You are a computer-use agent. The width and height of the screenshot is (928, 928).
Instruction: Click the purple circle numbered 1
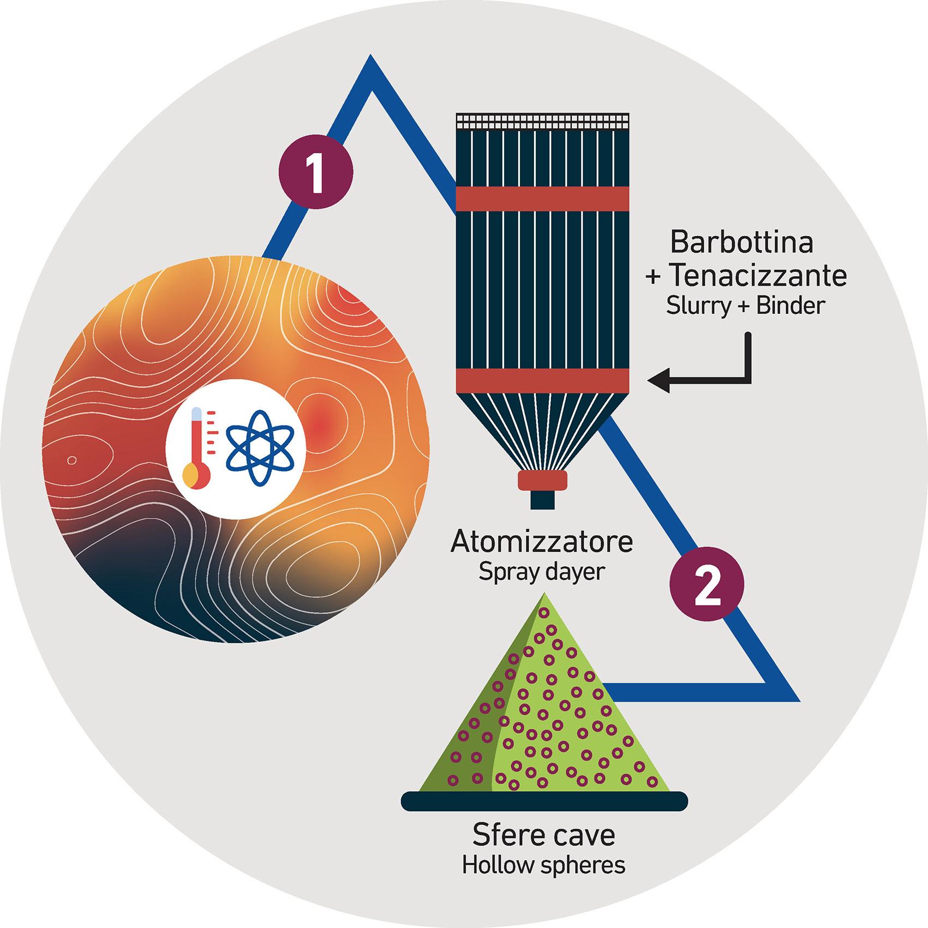pos(315,171)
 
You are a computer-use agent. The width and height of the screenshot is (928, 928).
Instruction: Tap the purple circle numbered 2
pos(707,584)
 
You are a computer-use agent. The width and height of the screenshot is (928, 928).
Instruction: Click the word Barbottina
pos(741,242)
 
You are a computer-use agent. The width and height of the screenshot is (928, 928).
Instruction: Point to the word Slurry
pos(698,306)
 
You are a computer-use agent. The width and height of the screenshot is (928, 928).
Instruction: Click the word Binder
pos(790,306)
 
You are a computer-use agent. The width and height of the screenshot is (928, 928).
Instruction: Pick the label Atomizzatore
pos(542,542)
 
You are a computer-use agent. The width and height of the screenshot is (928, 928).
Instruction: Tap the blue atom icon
pos(260,448)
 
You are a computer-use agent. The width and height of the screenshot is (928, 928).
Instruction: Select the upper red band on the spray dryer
pos(542,199)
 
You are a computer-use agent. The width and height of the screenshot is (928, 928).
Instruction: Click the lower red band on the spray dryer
pos(542,381)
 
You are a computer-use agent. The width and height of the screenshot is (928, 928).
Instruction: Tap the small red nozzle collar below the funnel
pos(542,481)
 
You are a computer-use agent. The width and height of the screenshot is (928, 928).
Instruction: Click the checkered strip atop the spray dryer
pos(542,121)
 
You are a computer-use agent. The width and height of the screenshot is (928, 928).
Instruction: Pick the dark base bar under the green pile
pos(544,801)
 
